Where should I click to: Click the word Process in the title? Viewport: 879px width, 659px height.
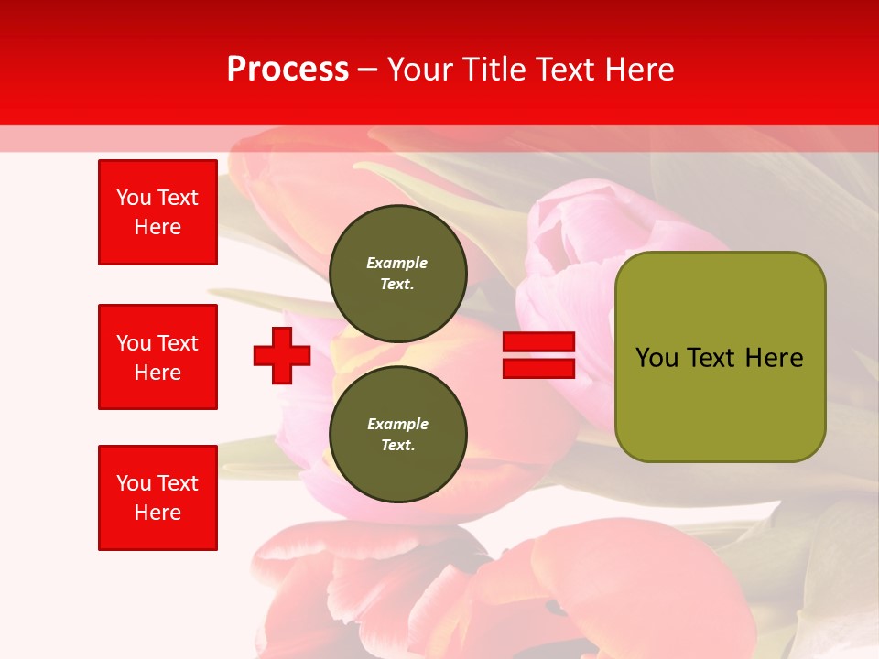(x=288, y=70)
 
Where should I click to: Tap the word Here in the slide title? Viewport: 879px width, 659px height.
(x=637, y=70)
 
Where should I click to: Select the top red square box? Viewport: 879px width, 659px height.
(x=157, y=212)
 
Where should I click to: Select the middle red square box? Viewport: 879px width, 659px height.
(x=157, y=357)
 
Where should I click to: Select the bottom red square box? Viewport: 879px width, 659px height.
(x=157, y=498)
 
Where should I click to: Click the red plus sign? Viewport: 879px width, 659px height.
(x=282, y=355)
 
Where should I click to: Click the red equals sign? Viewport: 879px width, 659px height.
(x=538, y=355)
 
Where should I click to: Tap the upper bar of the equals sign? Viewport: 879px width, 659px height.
(x=538, y=342)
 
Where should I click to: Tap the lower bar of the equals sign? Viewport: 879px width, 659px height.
(x=538, y=368)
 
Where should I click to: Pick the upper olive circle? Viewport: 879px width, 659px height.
(x=397, y=274)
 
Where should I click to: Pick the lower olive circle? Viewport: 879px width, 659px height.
(x=397, y=435)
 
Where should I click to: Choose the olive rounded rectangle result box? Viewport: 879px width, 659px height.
(x=720, y=357)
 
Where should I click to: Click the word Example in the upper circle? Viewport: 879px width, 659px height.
(x=397, y=263)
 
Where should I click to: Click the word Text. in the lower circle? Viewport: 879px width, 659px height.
(x=397, y=446)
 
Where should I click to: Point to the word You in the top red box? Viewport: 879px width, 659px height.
(x=133, y=198)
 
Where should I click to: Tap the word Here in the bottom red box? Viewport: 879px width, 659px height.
(x=157, y=513)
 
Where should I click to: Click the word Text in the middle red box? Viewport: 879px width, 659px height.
(x=178, y=343)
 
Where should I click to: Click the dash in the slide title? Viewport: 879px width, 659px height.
(x=367, y=70)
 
